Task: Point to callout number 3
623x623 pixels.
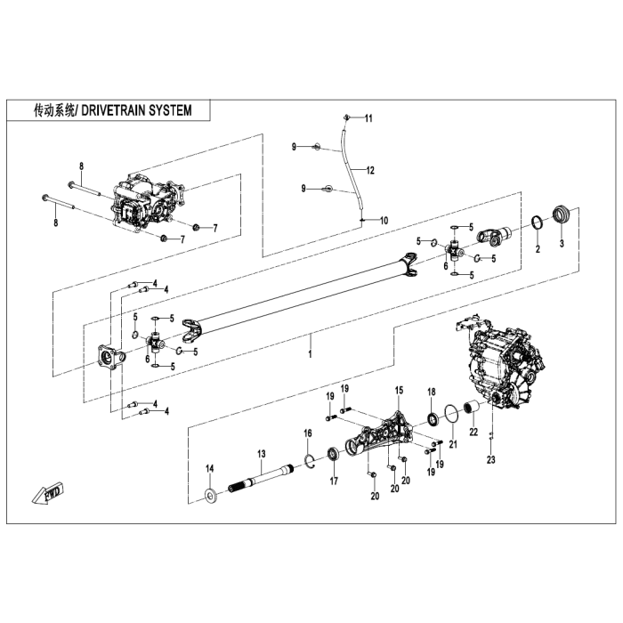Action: (562, 242)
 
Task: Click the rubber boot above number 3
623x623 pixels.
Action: (562, 214)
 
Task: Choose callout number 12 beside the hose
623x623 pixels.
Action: (369, 170)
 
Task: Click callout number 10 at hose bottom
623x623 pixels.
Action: (384, 220)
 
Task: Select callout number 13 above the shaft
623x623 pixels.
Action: (262, 454)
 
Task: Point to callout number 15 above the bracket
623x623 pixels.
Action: (400, 391)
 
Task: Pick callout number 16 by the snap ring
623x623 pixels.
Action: (308, 433)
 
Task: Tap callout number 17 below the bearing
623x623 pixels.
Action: (334, 481)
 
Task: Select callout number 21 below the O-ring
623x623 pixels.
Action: (451, 444)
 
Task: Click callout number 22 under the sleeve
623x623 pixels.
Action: (473, 432)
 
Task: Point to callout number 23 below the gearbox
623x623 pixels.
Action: (489, 459)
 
